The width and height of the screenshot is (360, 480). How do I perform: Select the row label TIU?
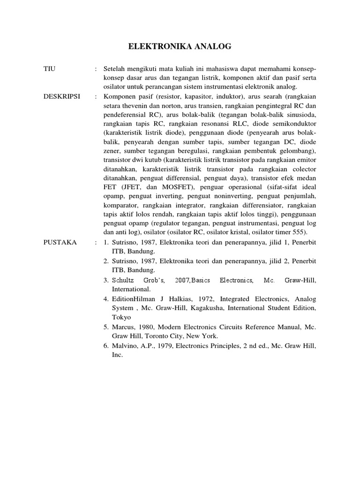(49, 68)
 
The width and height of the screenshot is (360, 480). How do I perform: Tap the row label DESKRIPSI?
(62, 96)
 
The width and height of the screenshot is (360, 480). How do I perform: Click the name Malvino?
(124, 345)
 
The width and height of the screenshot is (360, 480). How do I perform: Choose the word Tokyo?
(120, 317)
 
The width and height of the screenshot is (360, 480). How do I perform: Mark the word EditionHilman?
(135, 299)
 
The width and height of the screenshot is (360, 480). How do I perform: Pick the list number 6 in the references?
(105, 345)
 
